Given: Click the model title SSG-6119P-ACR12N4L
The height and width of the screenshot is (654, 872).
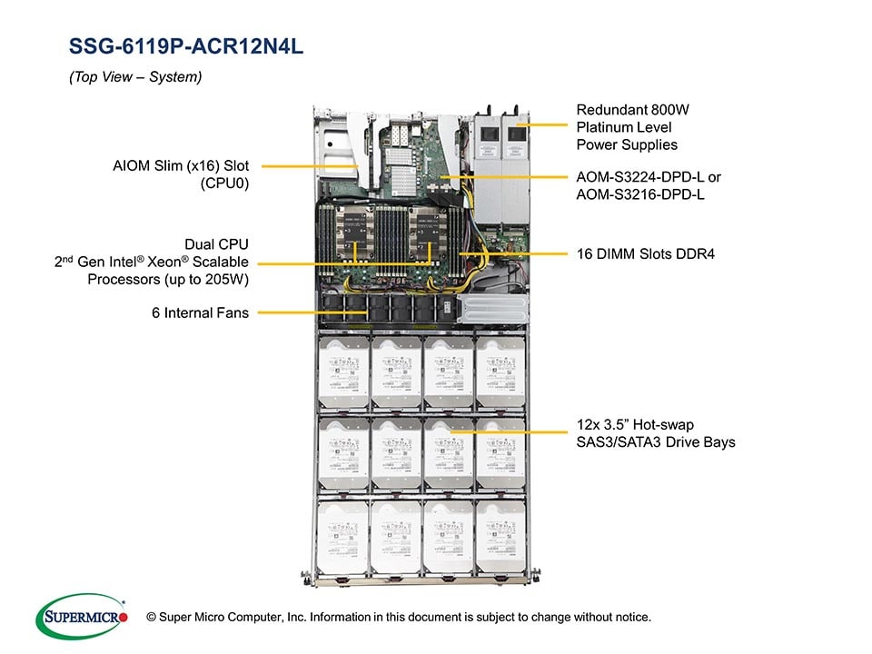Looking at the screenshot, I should pos(186,47).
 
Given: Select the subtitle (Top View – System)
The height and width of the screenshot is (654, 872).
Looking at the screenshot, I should pos(135,78).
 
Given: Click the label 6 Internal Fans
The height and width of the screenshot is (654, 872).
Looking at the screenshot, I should pos(200,313).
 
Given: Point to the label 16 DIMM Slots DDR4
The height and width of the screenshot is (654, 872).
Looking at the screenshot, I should pos(646,253).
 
